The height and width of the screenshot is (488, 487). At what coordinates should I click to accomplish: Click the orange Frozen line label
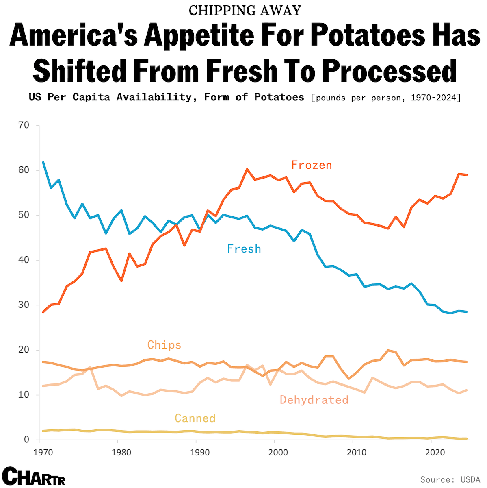point(312,165)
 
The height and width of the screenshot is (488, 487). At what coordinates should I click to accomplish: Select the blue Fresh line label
point(244,249)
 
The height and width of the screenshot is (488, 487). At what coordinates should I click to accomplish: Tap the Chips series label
point(164,345)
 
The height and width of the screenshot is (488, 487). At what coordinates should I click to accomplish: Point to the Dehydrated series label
point(314,400)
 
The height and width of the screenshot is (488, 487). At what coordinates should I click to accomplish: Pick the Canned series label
point(195,418)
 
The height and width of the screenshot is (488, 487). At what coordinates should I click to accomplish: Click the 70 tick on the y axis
point(24,125)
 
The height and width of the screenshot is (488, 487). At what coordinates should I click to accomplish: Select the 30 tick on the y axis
point(24,305)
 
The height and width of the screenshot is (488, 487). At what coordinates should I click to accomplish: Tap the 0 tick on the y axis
point(27,440)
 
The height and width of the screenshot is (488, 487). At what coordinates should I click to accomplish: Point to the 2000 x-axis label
point(275,452)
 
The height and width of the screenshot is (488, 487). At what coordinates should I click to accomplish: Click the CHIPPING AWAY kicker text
point(245,10)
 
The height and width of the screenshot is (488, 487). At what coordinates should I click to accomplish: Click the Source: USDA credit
point(450,479)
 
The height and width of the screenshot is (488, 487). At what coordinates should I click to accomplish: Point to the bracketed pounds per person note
point(385,98)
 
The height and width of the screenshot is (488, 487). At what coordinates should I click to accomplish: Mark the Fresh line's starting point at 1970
point(43,162)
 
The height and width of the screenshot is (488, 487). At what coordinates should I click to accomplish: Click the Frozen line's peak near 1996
point(247,169)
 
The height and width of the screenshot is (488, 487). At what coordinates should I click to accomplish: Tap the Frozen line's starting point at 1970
point(43,312)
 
